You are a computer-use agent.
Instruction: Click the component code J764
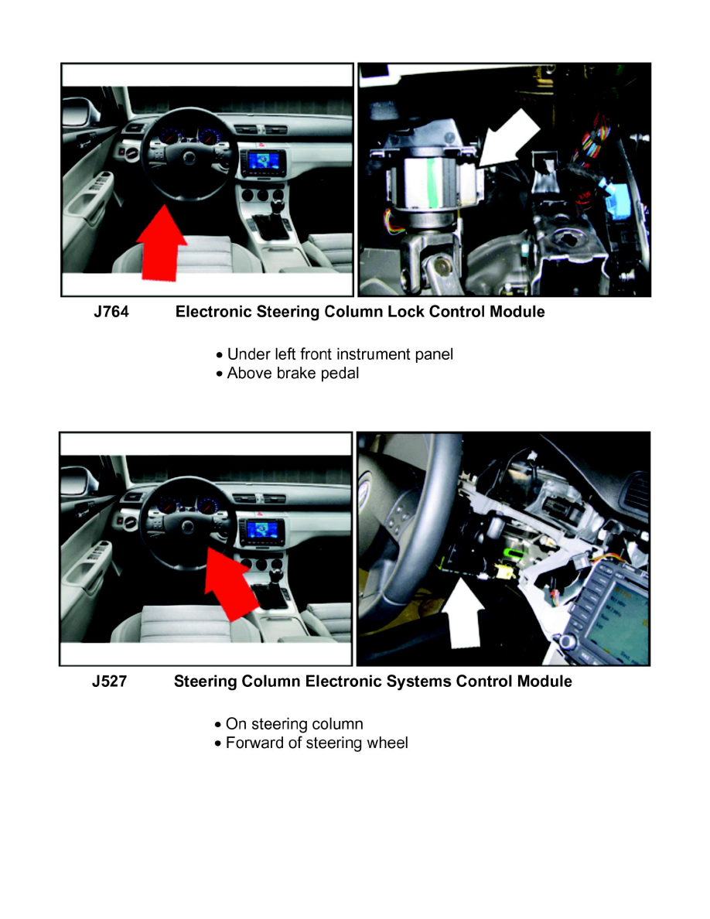[x=110, y=313]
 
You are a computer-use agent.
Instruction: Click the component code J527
[x=109, y=682]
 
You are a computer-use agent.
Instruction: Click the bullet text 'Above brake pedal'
[x=292, y=374]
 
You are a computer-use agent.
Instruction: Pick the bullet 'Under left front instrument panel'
[x=340, y=354]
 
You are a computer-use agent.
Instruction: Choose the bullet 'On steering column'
[x=294, y=725]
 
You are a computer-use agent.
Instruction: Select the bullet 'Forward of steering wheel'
[x=316, y=743]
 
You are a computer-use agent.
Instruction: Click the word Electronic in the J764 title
[x=213, y=313]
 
